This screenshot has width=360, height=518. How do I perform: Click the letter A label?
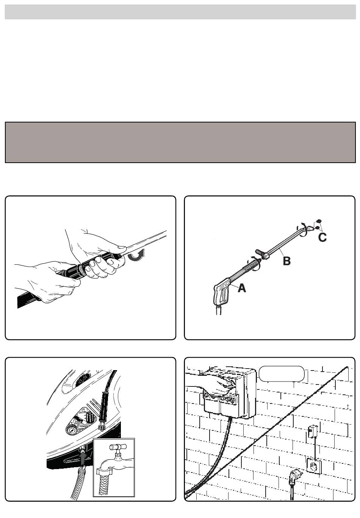(242, 288)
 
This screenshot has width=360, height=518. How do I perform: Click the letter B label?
(286, 261)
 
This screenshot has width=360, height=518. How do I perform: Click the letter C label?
(322, 237)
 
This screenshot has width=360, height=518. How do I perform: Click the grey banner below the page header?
(180, 142)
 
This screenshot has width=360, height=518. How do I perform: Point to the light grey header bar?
(180, 12)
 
